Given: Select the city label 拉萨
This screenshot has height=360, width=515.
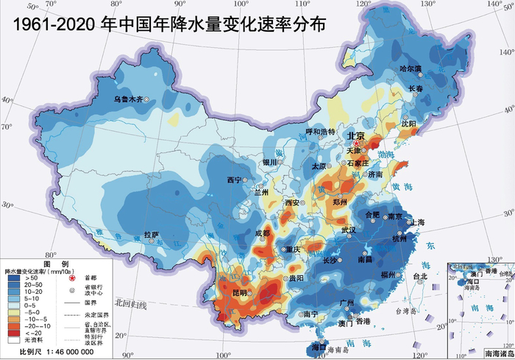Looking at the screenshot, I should [152, 235].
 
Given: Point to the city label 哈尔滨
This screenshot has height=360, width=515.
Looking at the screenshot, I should [411, 68].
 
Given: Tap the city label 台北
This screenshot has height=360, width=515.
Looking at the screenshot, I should [420, 277].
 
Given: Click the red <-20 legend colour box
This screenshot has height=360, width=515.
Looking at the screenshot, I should [13, 332].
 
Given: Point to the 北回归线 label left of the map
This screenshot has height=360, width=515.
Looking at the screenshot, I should [130, 303].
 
